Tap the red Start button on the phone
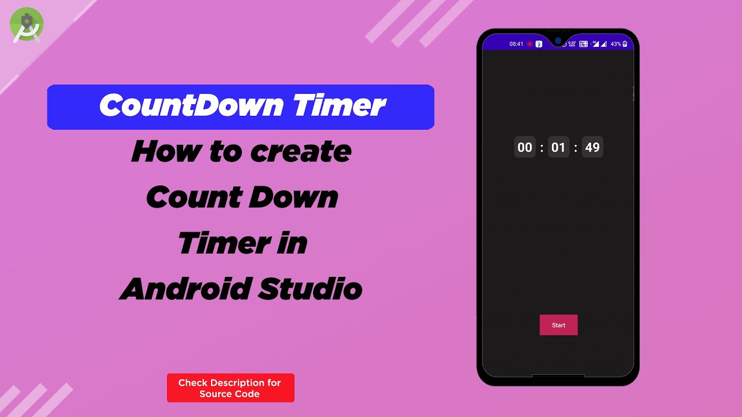point(558,325)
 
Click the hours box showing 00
point(525,147)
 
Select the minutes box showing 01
point(558,147)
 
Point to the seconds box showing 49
point(592,147)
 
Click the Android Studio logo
point(27,25)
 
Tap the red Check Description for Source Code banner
point(231,388)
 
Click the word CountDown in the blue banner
point(191,106)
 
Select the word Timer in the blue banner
point(339,106)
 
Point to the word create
point(301,151)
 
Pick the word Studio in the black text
point(310,288)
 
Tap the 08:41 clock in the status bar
point(516,44)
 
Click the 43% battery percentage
point(616,44)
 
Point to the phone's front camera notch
point(558,41)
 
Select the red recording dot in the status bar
point(530,44)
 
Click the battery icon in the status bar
point(625,44)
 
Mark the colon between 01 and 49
point(576,148)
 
